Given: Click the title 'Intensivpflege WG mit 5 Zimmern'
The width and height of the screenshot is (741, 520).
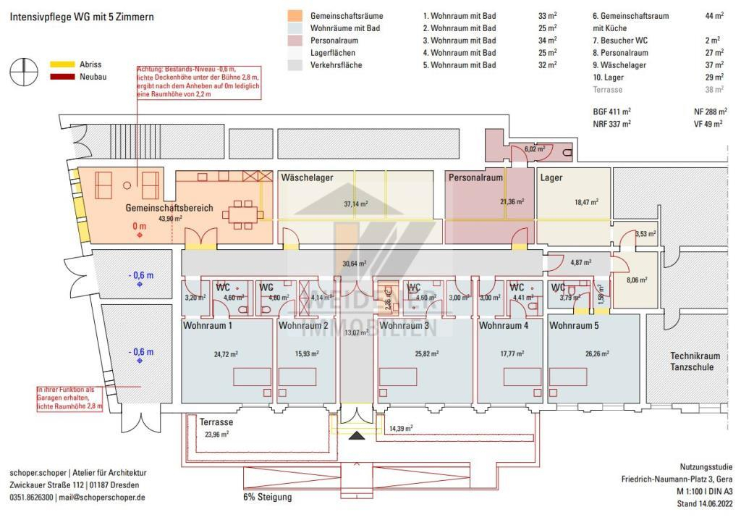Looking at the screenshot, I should [82, 16].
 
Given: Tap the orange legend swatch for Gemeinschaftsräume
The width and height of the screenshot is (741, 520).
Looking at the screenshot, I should [295, 15].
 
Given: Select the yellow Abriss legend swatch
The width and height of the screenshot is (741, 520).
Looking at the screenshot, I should [59, 64].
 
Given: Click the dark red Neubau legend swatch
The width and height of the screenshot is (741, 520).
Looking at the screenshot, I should [59, 77].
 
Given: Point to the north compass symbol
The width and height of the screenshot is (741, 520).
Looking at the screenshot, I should [23, 70].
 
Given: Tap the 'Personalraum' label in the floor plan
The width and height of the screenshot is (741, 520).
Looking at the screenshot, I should [475, 177].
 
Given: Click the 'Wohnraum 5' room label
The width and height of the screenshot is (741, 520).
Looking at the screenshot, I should [574, 326].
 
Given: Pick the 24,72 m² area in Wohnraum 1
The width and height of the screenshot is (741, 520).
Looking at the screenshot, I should [226, 355].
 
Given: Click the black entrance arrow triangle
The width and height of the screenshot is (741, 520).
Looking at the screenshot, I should [357, 436].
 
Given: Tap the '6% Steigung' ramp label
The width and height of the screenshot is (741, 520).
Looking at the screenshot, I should [267, 498].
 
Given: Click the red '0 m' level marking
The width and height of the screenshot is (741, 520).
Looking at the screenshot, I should [140, 226].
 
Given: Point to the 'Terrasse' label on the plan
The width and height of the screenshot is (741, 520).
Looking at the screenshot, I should [216, 422].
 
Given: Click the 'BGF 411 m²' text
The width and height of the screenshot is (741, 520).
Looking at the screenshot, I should [611, 112].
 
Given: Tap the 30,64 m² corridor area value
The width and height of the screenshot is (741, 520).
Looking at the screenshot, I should [355, 264].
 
